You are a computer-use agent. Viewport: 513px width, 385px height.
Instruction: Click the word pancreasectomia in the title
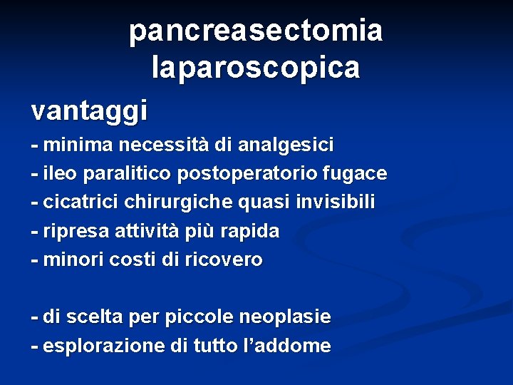(256, 31)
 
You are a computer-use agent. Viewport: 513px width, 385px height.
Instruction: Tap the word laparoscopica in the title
(256, 68)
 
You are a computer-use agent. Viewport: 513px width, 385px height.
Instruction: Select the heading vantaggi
(89, 110)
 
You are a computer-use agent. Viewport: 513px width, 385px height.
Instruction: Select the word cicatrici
(81, 202)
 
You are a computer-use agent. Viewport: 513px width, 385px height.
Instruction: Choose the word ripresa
(73, 231)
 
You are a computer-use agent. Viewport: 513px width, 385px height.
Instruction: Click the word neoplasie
(285, 316)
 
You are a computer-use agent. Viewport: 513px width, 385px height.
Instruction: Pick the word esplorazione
(104, 346)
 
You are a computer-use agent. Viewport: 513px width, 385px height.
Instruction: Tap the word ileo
(61, 173)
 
